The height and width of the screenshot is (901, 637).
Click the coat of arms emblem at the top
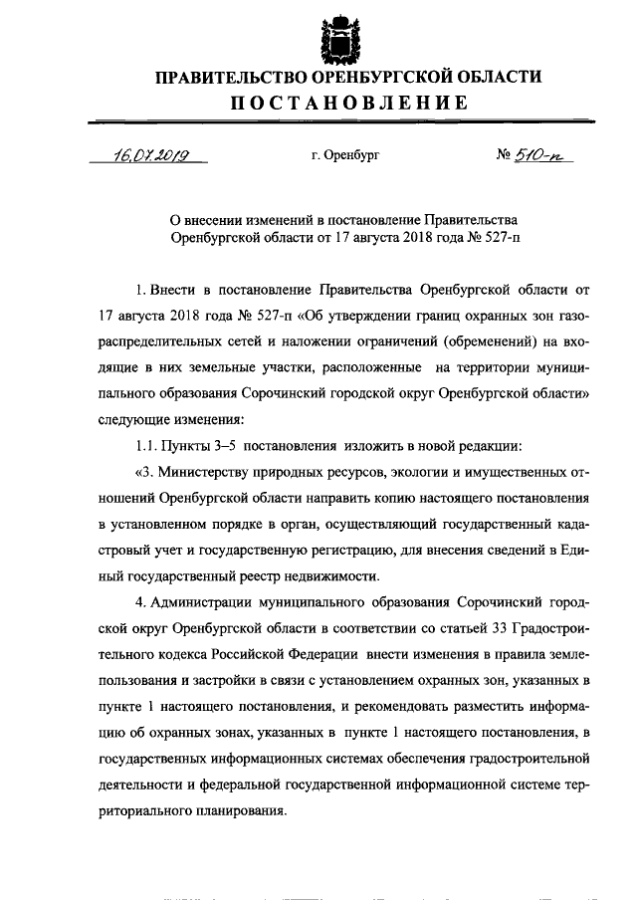pyautogui.click(x=341, y=38)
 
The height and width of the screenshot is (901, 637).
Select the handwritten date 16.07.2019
pyautogui.click(x=152, y=155)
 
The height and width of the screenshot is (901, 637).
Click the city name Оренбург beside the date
pyautogui.click(x=345, y=156)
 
